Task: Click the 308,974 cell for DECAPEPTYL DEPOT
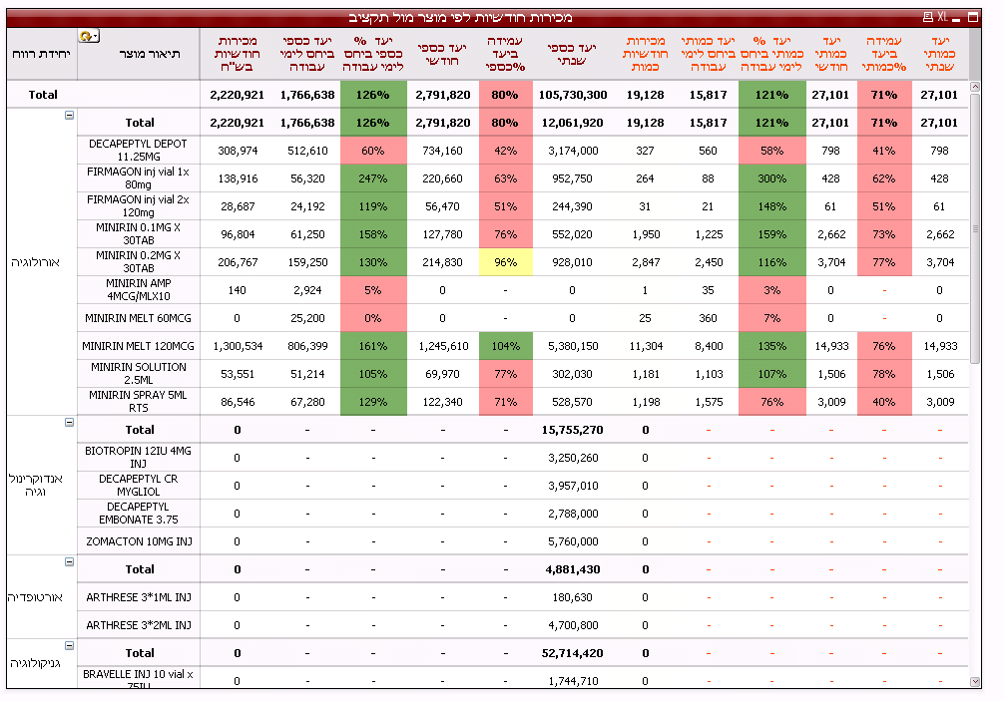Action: click(x=237, y=151)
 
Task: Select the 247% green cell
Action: click(x=372, y=178)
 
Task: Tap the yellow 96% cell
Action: click(x=505, y=262)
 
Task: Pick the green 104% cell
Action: click(x=505, y=346)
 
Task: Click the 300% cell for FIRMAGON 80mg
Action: click(x=771, y=178)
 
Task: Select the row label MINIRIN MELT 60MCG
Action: click(x=139, y=318)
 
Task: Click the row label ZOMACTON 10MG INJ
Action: click(x=139, y=541)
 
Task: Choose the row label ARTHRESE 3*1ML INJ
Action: click(x=139, y=597)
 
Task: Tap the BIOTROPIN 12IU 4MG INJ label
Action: click(x=139, y=458)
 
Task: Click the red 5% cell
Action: click(x=372, y=290)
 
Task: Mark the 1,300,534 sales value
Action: click(x=237, y=346)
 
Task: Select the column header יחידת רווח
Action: click(x=41, y=53)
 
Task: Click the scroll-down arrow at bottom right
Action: click(x=975, y=681)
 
